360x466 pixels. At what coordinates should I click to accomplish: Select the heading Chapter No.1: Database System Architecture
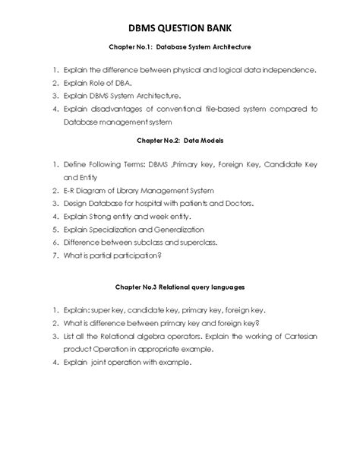pyautogui.click(x=180, y=47)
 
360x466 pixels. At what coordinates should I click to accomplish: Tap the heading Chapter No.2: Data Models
pyautogui.click(x=180, y=141)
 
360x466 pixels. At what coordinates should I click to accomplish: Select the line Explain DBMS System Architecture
pyautogui.click(x=122, y=96)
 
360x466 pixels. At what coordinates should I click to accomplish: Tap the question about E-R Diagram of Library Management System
pyautogui.click(x=134, y=190)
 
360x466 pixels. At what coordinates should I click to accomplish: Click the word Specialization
pyautogui.click(x=121, y=229)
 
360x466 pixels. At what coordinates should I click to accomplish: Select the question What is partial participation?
pyautogui.click(x=113, y=255)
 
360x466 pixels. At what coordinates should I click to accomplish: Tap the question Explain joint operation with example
pyautogui.click(x=128, y=362)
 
